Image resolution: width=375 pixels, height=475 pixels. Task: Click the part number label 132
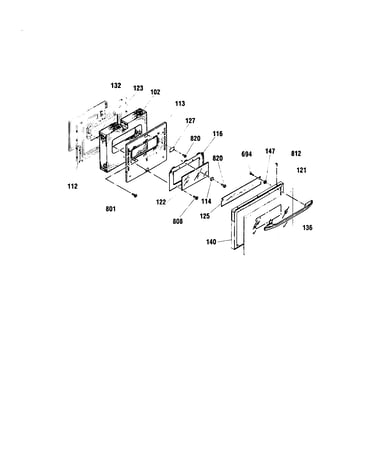[x=116, y=86]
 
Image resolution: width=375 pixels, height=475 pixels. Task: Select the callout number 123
[x=138, y=88]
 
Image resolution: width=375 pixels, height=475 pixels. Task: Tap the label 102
[x=155, y=92]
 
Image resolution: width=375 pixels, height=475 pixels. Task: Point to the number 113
[x=180, y=104]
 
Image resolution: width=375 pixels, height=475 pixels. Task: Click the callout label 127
[x=190, y=121]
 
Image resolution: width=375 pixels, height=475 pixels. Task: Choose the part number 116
[x=218, y=134]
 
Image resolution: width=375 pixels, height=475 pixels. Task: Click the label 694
[x=247, y=154]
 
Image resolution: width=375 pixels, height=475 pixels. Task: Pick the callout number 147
[x=270, y=151]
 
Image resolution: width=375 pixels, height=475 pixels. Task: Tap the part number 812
[x=296, y=154]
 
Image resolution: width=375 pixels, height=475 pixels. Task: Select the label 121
[x=301, y=170]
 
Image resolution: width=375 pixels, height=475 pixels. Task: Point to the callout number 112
[x=72, y=186]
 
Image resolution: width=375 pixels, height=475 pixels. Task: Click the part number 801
[x=111, y=209]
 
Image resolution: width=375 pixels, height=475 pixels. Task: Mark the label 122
[x=161, y=202]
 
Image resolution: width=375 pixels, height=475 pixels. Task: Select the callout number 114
[x=206, y=202]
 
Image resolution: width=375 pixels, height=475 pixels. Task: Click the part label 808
[x=178, y=221]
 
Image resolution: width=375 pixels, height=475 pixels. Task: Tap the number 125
[x=205, y=216]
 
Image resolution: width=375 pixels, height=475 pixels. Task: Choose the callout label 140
[x=211, y=242]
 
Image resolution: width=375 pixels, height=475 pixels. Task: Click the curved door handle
[x=289, y=216]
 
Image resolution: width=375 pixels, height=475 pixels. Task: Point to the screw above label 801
[x=135, y=195]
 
